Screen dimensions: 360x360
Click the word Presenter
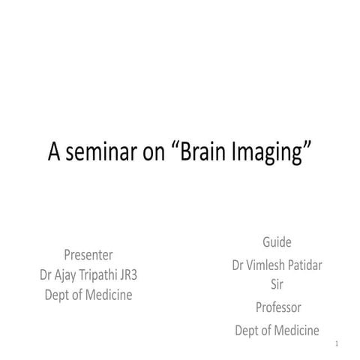88,254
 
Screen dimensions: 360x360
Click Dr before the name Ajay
49,274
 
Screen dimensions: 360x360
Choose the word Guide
277,243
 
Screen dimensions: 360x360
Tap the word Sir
277,284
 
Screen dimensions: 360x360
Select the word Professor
278,307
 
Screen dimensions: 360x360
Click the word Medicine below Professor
295,330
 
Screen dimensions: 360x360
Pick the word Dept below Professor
248,331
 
